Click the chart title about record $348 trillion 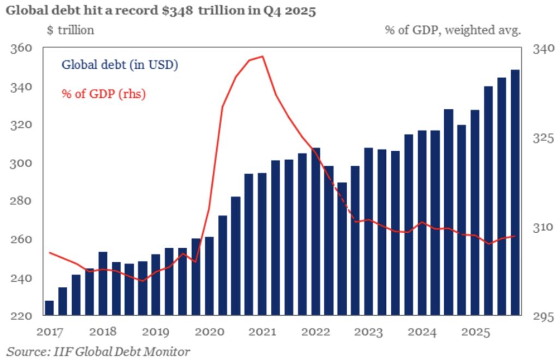pyautogui.click(x=161, y=11)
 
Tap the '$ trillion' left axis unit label pyautogui.click(x=70, y=31)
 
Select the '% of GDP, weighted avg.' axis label pyautogui.click(x=453, y=31)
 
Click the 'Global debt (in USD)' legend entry pyautogui.click(x=120, y=65)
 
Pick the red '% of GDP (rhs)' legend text pyautogui.click(x=104, y=93)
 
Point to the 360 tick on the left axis pyautogui.click(x=21, y=49)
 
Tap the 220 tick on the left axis pyautogui.click(x=21, y=316)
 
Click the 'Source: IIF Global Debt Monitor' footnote pyautogui.click(x=98, y=351)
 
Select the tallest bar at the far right pyautogui.click(x=514, y=191)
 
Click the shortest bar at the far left pyautogui.click(x=49, y=308)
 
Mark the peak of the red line pyautogui.click(x=263, y=56)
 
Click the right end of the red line pyautogui.click(x=515, y=236)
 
